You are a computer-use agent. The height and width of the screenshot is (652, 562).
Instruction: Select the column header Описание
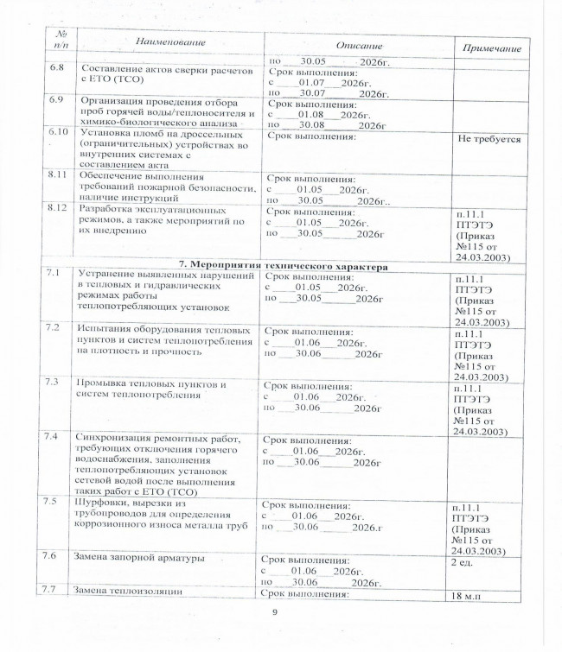359,45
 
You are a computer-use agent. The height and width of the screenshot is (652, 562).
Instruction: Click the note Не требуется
489,138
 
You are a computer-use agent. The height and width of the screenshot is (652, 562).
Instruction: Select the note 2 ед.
465,562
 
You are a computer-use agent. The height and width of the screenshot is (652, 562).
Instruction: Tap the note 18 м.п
469,596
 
